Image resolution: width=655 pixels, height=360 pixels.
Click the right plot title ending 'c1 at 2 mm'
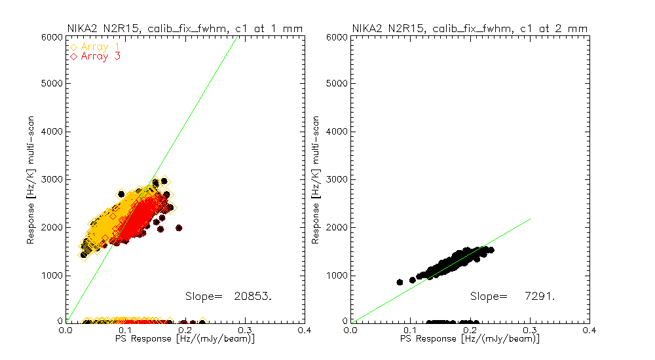coord(470,27)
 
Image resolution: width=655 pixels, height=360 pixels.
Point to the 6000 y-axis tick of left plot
coord(52,37)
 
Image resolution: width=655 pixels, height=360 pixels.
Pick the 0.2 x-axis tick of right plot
coord(470,330)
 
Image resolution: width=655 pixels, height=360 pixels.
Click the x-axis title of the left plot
coord(161,339)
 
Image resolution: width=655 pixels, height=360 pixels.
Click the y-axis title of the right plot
coord(316,179)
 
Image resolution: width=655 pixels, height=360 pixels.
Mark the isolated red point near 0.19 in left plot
coord(179,228)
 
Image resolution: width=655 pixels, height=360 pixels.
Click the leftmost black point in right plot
coord(400,282)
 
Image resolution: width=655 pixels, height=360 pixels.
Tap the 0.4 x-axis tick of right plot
coord(589,330)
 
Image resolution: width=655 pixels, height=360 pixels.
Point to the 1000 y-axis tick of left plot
coord(52,275)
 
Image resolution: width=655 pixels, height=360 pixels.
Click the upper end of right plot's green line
coord(529,219)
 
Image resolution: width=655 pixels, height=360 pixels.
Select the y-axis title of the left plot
coord(31,179)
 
